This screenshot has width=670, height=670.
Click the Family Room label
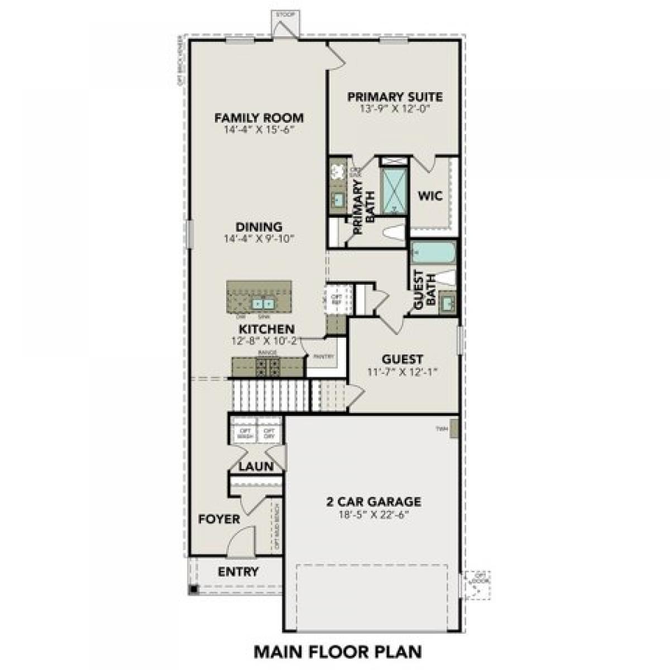(x=259, y=118)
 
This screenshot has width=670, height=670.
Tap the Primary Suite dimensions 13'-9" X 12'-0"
(x=395, y=108)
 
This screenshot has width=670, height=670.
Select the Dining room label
(x=259, y=227)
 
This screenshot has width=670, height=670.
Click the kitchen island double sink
(x=263, y=304)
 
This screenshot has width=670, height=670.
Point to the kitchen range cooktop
(x=267, y=366)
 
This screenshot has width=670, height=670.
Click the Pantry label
(x=324, y=356)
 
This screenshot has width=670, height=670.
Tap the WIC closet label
(x=430, y=196)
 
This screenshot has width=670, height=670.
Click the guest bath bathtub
(x=434, y=255)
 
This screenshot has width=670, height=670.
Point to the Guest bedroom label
(x=402, y=359)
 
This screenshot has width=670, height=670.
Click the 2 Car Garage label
(x=374, y=502)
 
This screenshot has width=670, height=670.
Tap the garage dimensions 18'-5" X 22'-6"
(x=374, y=515)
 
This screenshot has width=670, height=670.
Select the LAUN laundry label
(x=256, y=466)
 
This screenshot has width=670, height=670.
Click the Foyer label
(x=219, y=519)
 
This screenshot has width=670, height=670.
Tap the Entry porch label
(x=238, y=572)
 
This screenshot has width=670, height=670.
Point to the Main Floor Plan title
(x=338, y=651)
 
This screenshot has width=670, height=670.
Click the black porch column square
(x=193, y=589)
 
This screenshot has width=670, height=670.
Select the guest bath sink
(x=448, y=303)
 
